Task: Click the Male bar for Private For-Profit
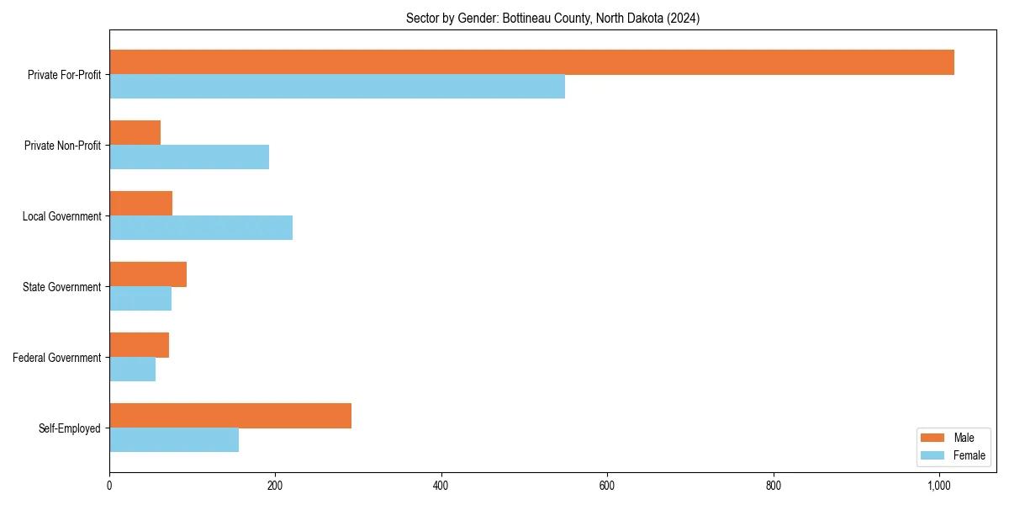[531, 62]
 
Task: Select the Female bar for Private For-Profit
[337, 87]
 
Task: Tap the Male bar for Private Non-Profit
[135, 133]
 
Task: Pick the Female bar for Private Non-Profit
[189, 157]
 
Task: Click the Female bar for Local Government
[201, 228]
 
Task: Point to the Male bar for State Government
[148, 274]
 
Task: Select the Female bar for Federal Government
[132, 369]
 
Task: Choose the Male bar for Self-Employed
[230, 416]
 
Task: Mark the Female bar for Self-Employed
[174, 440]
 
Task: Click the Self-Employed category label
[69, 428]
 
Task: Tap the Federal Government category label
[56, 358]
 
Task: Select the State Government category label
[61, 287]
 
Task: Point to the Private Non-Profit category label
[62, 146]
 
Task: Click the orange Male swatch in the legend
[933, 438]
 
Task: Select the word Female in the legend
[969, 455]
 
